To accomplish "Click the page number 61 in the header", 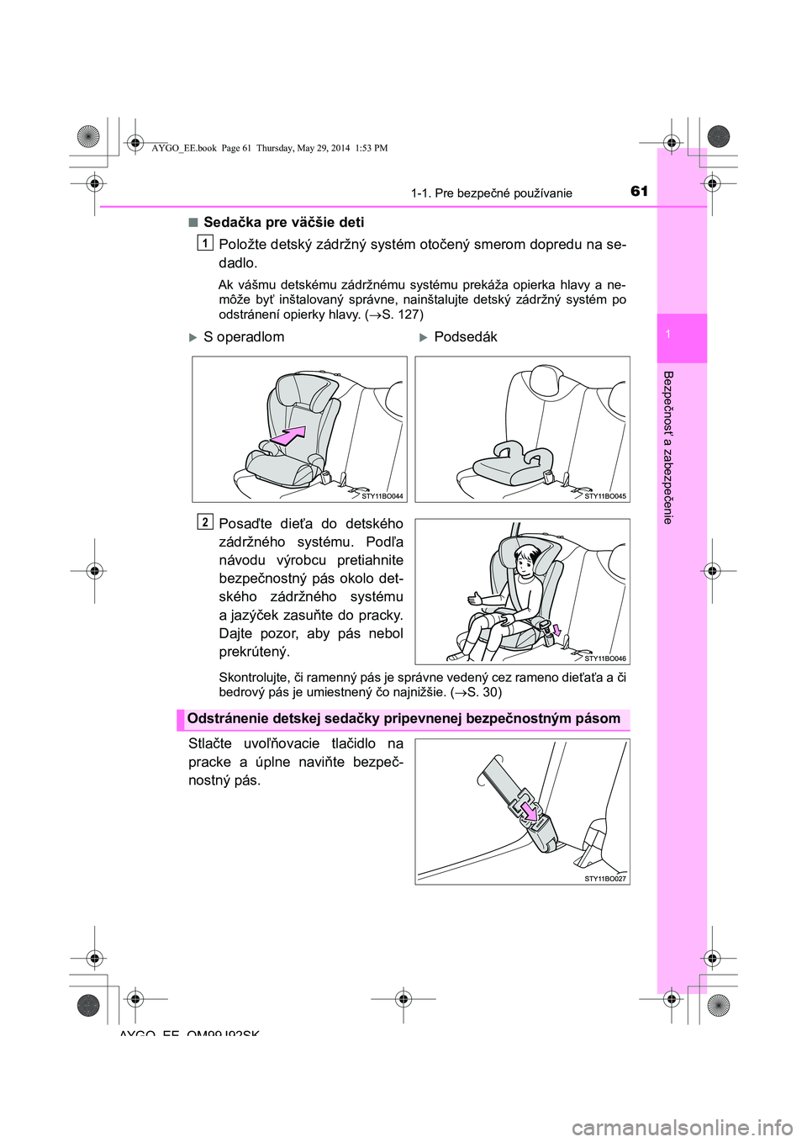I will [639, 192].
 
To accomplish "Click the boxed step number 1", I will [205, 243].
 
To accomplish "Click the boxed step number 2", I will [205, 522].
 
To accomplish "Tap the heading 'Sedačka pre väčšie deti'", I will [283, 222].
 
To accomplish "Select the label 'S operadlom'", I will [244, 336].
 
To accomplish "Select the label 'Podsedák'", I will [466, 336].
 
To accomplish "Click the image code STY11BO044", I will [382, 496].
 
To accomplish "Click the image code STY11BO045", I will [605, 496].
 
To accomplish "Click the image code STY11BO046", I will [605, 658].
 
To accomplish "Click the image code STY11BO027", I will [605, 878].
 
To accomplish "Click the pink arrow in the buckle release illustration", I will [529, 810].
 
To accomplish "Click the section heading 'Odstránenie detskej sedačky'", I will [403, 719].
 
